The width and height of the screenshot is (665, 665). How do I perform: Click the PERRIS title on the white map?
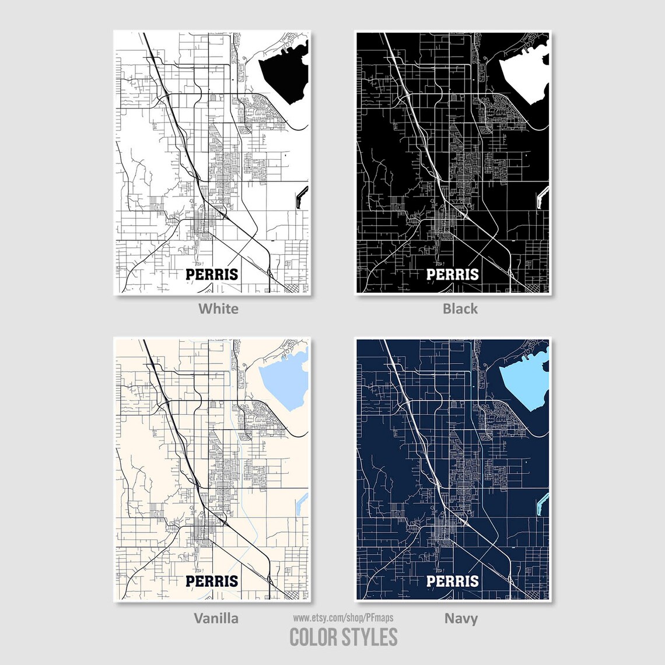(x=212, y=274)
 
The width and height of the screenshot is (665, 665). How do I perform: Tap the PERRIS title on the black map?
(x=452, y=274)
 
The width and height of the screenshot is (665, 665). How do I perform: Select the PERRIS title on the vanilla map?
(x=212, y=581)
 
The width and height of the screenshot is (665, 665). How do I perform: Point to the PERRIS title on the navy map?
(x=452, y=581)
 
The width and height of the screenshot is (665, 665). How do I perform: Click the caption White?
(x=218, y=308)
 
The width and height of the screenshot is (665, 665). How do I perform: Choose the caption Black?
(x=460, y=308)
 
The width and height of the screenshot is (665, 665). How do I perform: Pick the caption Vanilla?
(x=216, y=618)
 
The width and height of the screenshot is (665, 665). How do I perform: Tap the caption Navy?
(x=461, y=618)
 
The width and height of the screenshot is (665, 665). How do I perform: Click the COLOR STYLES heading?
(x=344, y=636)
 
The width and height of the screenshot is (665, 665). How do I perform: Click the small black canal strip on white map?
(x=302, y=195)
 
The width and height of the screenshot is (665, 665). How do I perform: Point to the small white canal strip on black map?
(x=542, y=196)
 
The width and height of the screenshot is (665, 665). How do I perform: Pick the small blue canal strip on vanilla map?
(x=302, y=503)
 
